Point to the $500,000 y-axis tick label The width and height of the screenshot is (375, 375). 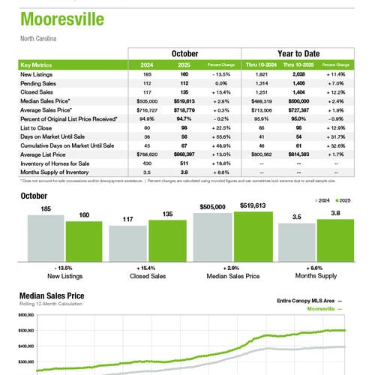(x=25, y=330)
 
